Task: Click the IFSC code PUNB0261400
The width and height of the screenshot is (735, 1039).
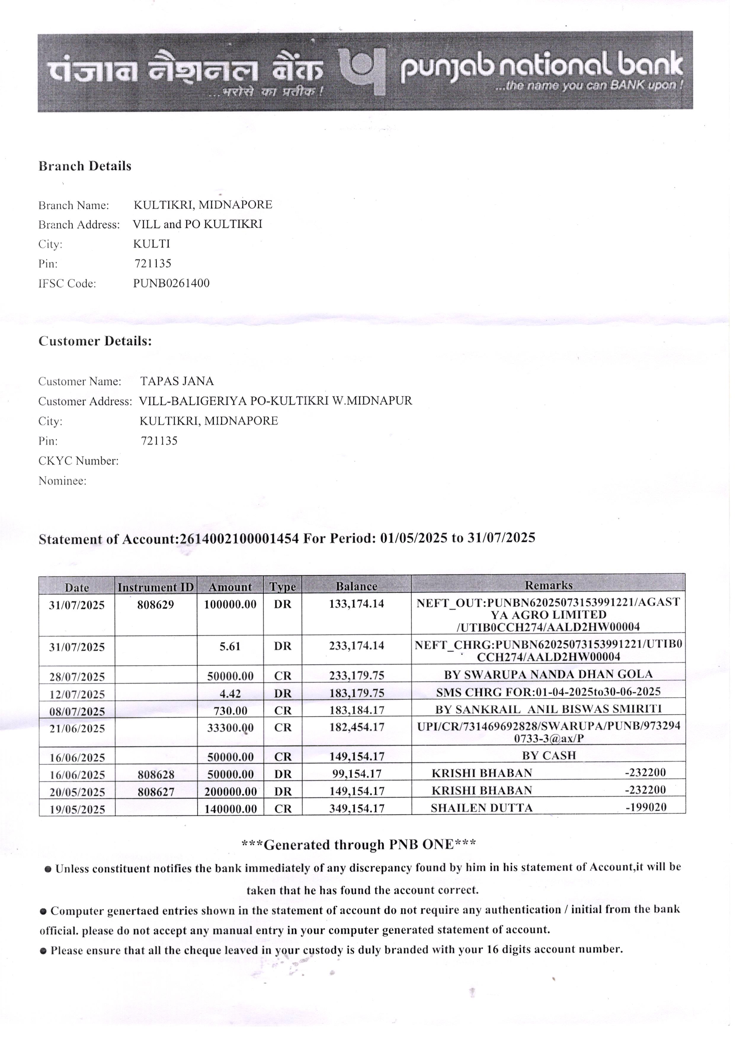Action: pyautogui.click(x=171, y=284)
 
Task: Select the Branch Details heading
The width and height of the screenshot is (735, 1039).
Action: pyautogui.click(x=85, y=166)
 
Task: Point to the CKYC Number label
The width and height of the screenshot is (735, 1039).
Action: pyautogui.click(x=78, y=461)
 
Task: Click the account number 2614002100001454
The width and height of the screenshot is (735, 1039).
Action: pyautogui.click(x=239, y=539)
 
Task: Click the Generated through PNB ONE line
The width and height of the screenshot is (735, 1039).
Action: pyautogui.click(x=358, y=845)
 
